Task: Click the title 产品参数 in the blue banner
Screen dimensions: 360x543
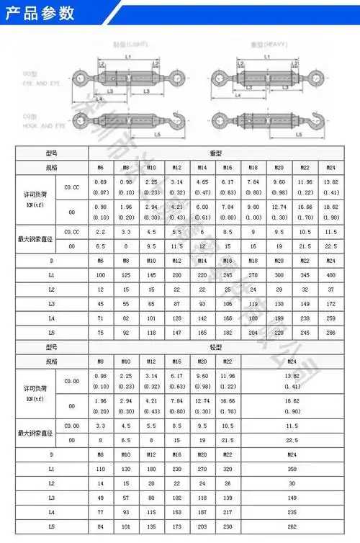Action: pos(37,12)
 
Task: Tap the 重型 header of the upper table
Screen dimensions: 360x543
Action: pos(216,153)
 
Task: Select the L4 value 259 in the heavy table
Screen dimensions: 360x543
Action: pos(330,318)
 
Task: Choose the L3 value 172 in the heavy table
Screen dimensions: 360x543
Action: pos(330,304)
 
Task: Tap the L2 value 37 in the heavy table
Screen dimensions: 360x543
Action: pos(330,290)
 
